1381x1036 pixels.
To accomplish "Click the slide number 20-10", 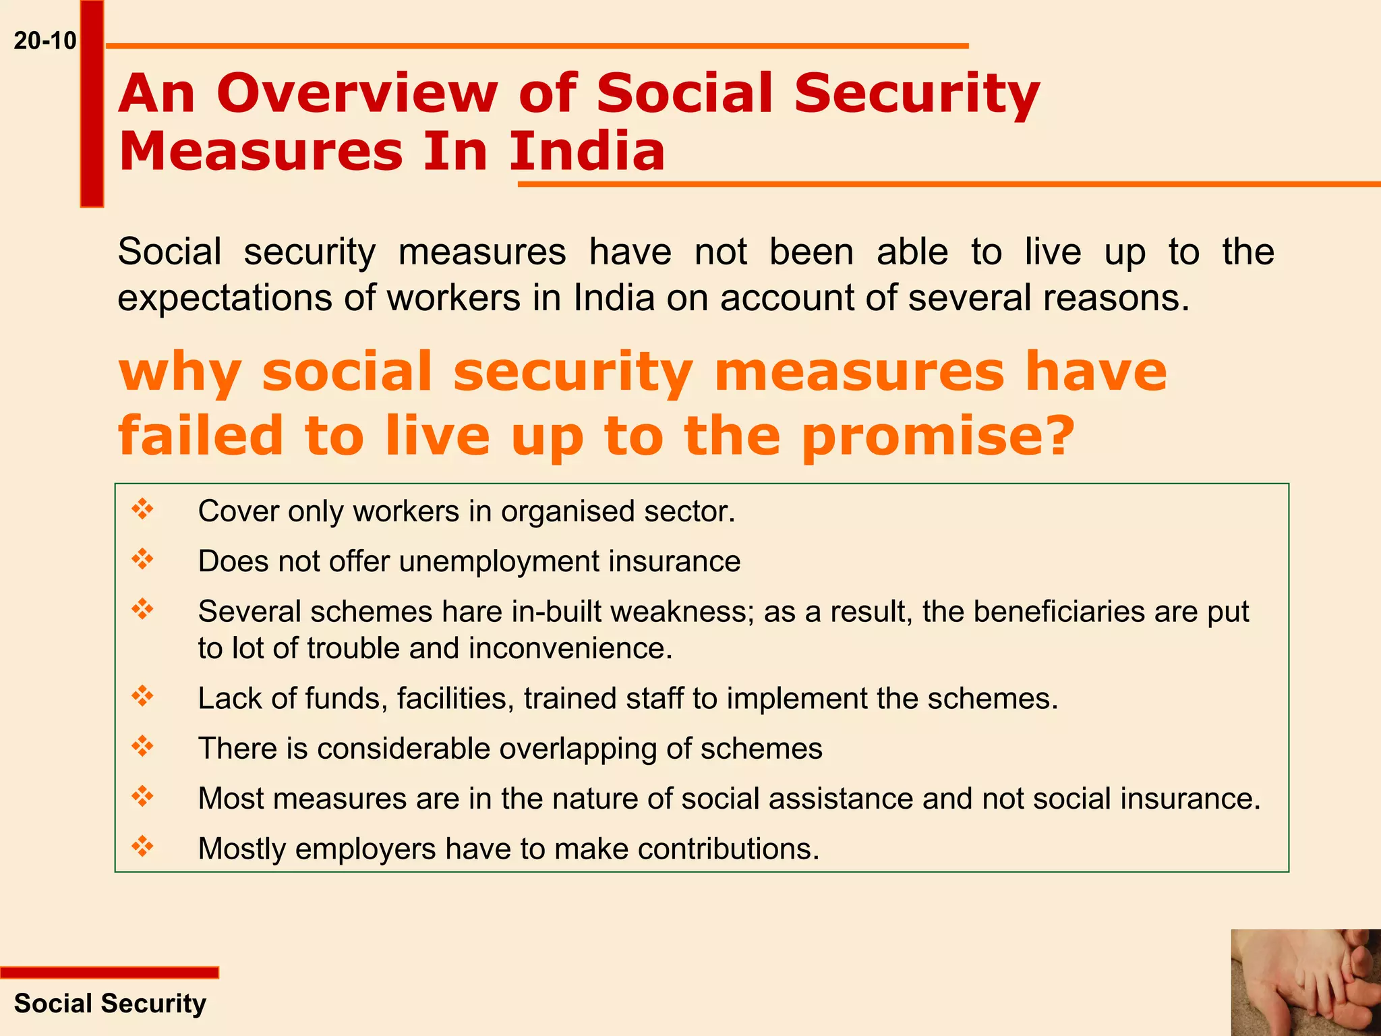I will click(x=45, y=41).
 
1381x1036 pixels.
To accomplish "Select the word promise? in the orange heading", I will click(x=937, y=436).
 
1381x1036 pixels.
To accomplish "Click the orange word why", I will click(x=179, y=372).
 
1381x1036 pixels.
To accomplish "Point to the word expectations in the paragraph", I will click(x=225, y=297).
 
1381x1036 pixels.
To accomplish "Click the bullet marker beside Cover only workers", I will click(x=143, y=509).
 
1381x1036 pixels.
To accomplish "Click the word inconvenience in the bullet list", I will click(x=570, y=648).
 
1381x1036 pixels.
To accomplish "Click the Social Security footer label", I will click(x=110, y=1004).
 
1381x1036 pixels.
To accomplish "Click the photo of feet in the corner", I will click(x=1305, y=983).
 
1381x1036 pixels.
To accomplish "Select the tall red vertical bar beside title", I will click(x=92, y=105).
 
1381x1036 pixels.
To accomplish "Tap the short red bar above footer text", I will click(x=109, y=973).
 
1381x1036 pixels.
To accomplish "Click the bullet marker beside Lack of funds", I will click(x=143, y=695).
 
